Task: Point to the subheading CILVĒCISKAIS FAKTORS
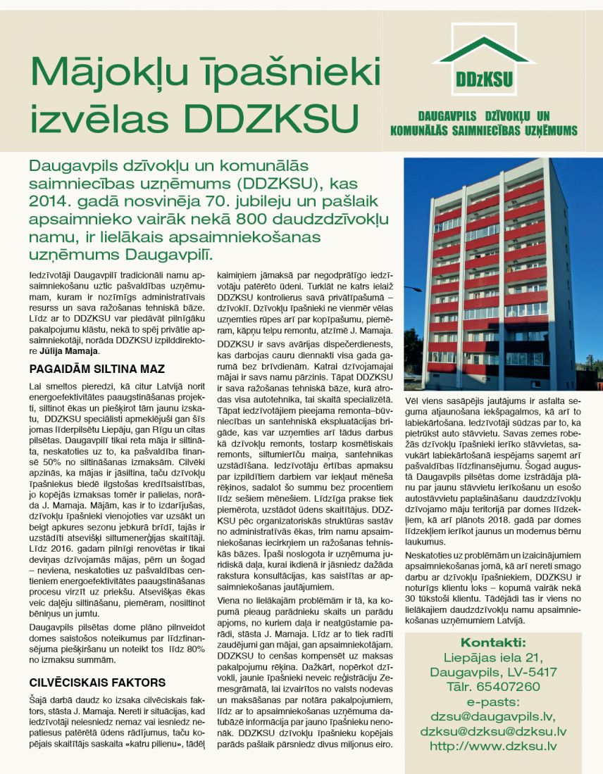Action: [x=98, y=682]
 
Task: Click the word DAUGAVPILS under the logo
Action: [x=447, y=115]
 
